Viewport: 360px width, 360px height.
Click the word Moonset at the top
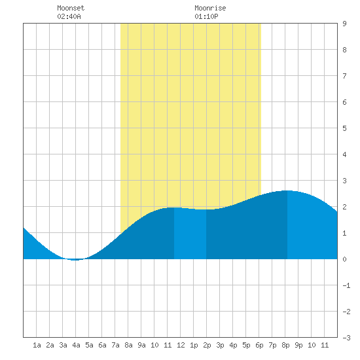(x=71, y=8)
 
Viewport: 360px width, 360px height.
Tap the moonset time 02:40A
(x=69, y=16)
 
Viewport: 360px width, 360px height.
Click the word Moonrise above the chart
(x=210, y=8)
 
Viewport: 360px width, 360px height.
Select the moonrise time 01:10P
(x=206, y=16)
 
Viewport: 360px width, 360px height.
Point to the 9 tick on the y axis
(x=344, y=24)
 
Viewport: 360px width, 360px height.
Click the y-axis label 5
(x=344, y=128)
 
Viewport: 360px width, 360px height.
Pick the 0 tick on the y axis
(x=344, y=259)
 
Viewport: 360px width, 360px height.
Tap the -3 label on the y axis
(x=346, y=338)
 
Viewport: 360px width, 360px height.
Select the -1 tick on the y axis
(x=346, y=285)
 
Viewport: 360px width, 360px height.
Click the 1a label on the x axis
(x=37, y=345)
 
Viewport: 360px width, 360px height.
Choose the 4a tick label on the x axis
(x=76, y=345)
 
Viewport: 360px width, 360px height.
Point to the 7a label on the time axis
(x=115, y=345)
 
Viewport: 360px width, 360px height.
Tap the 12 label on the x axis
(x=181, y=345)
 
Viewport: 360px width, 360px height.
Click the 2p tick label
(x=207, y=345)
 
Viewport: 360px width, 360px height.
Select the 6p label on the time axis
(x=259, y=345)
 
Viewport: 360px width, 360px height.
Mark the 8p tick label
(x=285, y=345)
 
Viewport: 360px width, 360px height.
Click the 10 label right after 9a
(x=154, y=345)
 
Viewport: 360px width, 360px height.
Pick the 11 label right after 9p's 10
(x=325, y=345)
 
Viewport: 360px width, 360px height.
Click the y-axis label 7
(x=344, y=76)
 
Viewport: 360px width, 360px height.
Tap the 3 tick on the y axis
(x=344, y=181)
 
